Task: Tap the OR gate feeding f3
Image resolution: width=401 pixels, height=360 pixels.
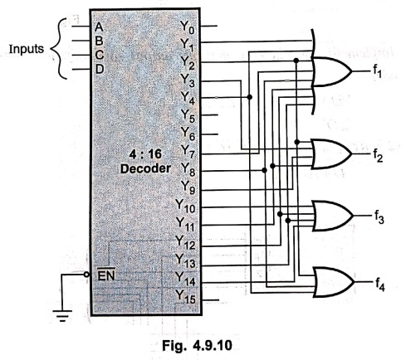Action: [333, 216]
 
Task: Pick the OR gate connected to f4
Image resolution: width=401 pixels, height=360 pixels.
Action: [334, 282]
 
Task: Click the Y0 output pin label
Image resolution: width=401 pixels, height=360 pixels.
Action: [188, 27]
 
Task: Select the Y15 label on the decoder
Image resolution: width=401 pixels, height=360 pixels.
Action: [186, 297]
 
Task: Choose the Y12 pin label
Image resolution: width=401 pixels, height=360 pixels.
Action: [186, 242]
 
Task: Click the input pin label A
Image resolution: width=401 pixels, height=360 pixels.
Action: [99, 27]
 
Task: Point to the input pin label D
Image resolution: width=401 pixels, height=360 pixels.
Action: [100, 69]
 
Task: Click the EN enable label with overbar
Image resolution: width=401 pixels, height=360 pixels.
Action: [106, 275]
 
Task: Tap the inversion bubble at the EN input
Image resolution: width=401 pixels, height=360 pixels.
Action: [87, 275]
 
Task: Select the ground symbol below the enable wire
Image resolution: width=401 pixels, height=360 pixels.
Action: [62, 316]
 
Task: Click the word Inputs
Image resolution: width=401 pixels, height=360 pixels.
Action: [27, 49]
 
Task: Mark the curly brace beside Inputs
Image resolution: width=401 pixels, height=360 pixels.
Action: [59, 49]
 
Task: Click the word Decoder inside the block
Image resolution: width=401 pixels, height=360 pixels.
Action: [145, 168]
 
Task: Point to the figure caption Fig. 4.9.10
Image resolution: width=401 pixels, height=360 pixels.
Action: [197, 345]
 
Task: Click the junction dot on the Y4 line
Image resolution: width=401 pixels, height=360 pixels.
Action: [250, 97]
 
